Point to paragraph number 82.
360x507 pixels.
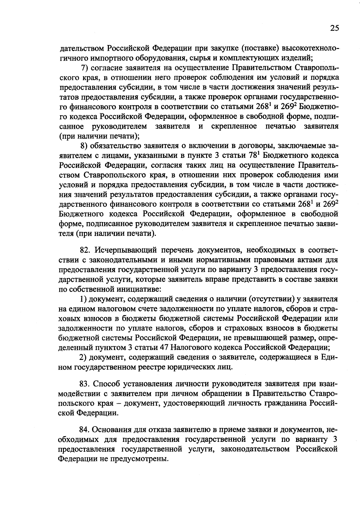point(84,250)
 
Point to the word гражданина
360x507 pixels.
point(285,403)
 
